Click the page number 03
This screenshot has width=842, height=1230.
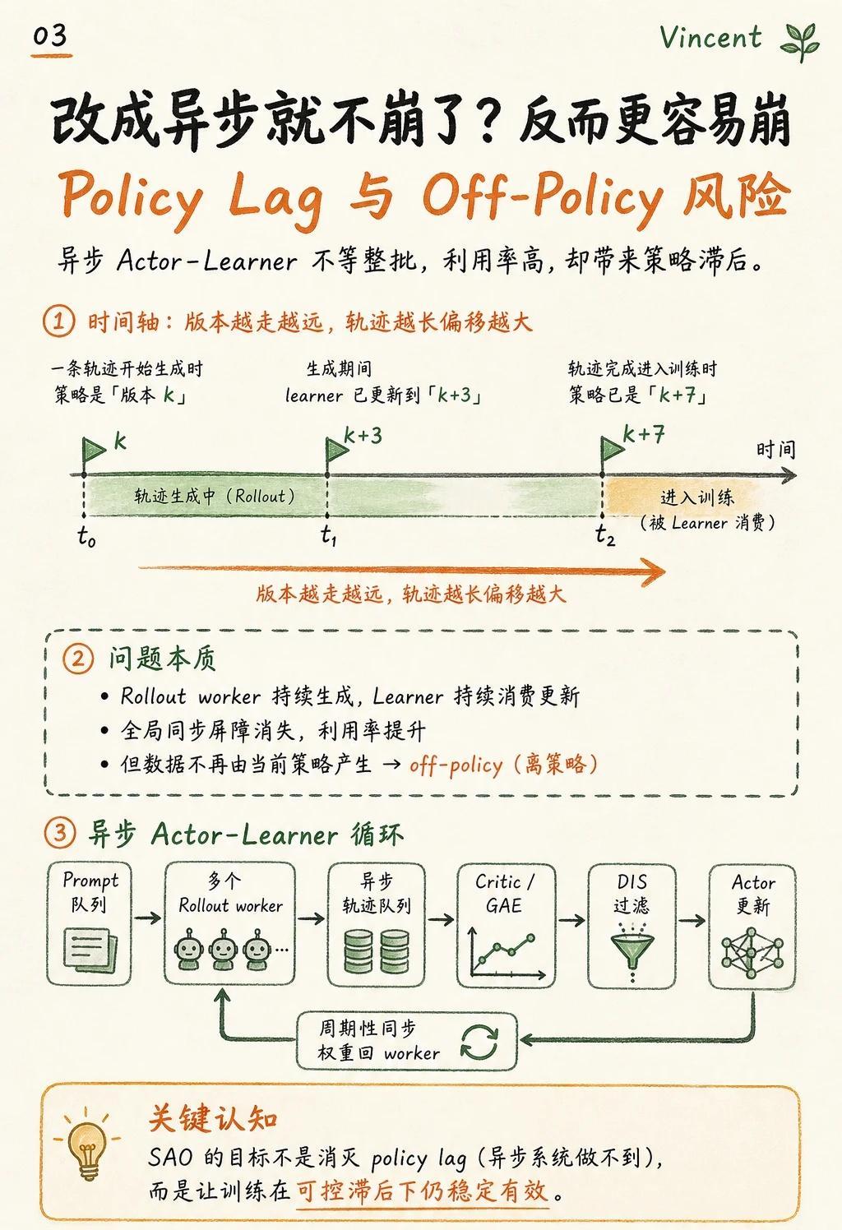pos(50,36)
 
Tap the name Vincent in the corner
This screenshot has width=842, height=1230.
pos(710,38)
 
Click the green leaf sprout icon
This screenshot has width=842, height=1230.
pos(801,42)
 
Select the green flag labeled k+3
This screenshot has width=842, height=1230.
pos(336,451)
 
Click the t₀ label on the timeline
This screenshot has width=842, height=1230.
pos(86,536)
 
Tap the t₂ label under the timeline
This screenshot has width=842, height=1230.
pos(605,535)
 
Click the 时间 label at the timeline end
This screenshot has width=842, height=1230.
pos(775,451)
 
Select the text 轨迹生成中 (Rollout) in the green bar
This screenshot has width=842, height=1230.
pos(215,497)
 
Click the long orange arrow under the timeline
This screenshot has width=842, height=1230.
pos(401,570)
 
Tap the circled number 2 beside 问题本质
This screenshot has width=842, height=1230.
pos(78,659)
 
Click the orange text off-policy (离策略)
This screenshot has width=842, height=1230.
pos(503,765)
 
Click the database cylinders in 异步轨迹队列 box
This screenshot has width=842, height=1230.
pos(377,952)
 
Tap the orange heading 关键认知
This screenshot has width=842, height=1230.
pos(214,1117)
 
